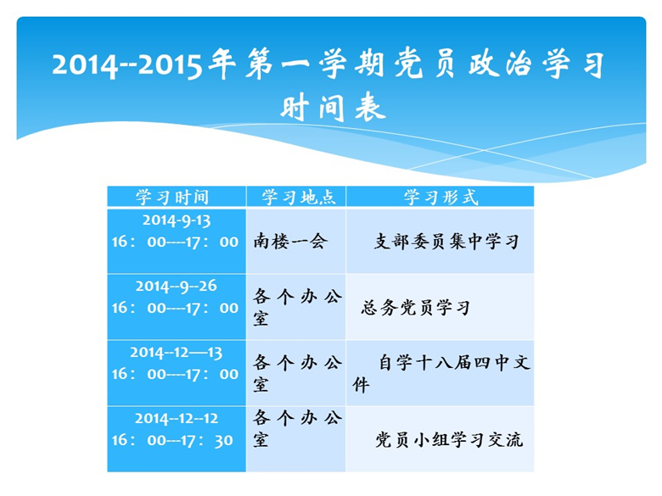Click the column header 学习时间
pos(172,197)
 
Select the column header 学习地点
pos(299,197)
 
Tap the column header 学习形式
pos(440,197)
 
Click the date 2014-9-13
pos(176,220)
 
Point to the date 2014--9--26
pos(176,287)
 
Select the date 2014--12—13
pos(176,353)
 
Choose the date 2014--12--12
pos(176,418)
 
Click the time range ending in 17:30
pos(172,440)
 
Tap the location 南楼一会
pos(290,242)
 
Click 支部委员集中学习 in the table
pos(446,242)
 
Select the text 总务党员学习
pos(415,308)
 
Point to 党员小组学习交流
pos(449,440)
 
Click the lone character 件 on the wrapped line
pos(361,385)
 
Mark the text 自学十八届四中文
pos(454,363)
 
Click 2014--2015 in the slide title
pos(127,65)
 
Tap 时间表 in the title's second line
pos(333,107)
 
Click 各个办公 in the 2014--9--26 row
pos(297,297)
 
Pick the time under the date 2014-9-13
pos(175,242)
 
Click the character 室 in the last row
pos(261,440)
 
